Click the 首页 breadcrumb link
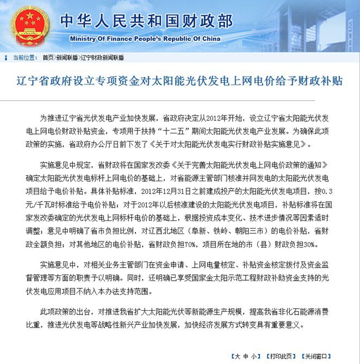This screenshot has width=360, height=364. tap(48, 57)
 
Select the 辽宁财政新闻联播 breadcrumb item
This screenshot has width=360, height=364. tap(102, 57)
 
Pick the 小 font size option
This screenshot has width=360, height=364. tap(252, 356)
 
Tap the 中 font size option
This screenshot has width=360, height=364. tap(244, 356)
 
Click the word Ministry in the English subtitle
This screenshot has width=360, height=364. tap(85, 39)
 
